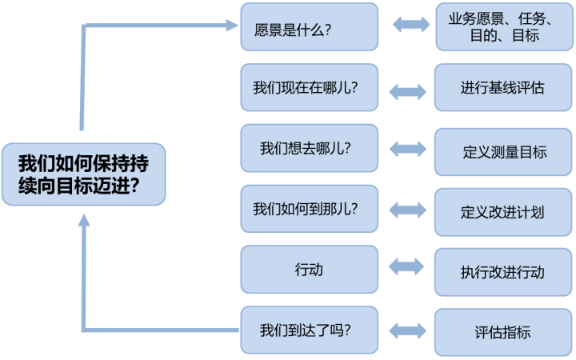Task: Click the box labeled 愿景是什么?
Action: [x=310, y=27]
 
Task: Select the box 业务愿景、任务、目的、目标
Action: [x=504, y=27]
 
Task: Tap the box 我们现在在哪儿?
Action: [x=310, y=87]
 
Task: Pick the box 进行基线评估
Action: [x=503, y=87]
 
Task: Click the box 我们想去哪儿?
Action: [x=310, y=148]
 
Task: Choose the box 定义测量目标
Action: [x=503, y=152]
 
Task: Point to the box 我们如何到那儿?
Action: [x=310, y=209]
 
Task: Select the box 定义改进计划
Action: [x=503, y=212]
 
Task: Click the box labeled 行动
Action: [x=310, y=270]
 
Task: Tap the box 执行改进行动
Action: [x=503, y=272]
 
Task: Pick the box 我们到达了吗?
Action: [x=310, y=330]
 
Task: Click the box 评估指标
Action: [x=503, y=332]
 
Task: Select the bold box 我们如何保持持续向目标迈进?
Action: [x=84, y=174]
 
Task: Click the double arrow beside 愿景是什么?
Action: [x=411, y=25]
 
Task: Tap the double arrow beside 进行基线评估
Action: [x=408, y=92]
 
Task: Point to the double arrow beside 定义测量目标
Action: [x=408, y=149]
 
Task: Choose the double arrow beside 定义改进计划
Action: [x=408, y=210]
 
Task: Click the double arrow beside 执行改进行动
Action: [x=406, y=266]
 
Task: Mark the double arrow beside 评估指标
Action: [x=408, y=331]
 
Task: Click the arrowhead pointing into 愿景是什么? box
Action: [x=232, y=26]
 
